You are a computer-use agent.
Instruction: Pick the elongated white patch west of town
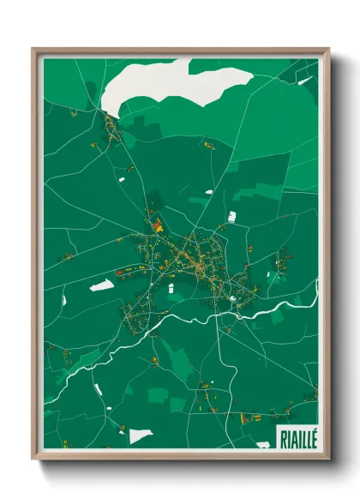pos(102,284)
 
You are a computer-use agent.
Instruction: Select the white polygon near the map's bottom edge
pos(141,436)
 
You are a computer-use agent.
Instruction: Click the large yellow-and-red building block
pos(159,226)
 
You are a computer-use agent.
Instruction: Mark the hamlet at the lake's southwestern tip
pos(112,129)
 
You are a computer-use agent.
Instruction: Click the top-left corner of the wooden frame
pos(34,50)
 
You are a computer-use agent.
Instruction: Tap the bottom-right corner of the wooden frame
pos(327,458)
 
